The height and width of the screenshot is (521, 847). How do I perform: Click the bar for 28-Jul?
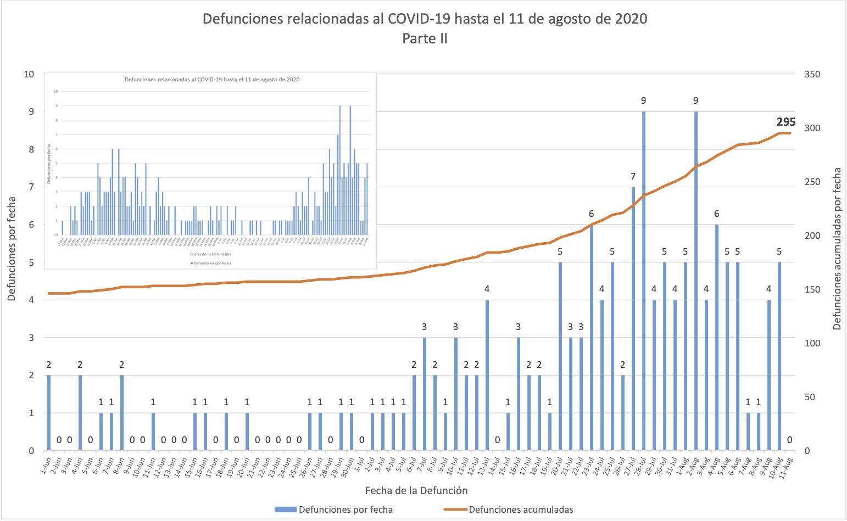point(643,281)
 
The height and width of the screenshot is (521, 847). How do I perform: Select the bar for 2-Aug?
point(696,281)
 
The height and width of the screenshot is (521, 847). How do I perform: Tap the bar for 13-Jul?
point(487,375)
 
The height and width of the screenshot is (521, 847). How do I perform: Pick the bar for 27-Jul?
point(633,318)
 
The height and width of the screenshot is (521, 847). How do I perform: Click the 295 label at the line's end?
point(785,122)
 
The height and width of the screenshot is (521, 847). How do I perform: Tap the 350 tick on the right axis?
point(812,74)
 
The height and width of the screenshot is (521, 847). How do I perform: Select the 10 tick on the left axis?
point(29,74)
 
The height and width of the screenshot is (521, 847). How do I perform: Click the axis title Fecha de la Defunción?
point(416,490)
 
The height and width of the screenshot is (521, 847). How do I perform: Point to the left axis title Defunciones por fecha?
point(12,256)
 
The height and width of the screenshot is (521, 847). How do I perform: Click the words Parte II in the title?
point(425,38)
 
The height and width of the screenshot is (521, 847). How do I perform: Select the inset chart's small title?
point(212,80)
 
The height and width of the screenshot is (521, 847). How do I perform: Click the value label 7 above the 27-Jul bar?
point(633,176)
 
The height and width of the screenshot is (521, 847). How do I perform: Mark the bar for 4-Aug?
point(717,338)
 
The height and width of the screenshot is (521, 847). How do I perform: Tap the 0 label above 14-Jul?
point(498,440)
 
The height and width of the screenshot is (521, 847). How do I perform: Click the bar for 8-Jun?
point(122,413)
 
